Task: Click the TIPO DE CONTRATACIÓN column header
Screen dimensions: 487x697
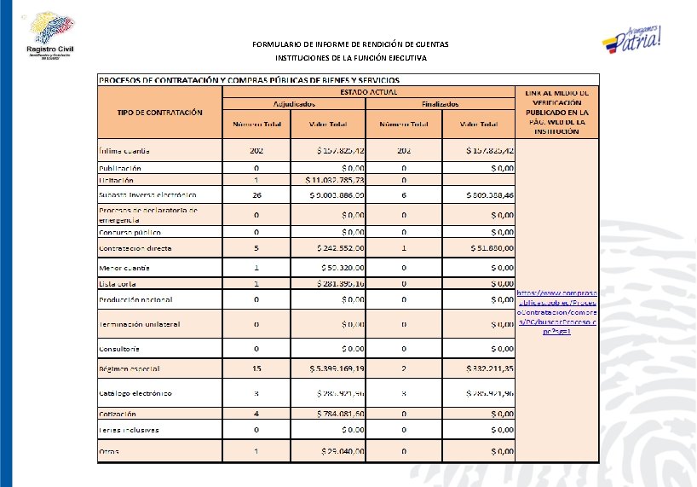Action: tap(159, 112)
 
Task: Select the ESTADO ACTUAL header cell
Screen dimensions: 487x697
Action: tap(368, 91)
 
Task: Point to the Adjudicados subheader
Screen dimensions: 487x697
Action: tap(293, 103)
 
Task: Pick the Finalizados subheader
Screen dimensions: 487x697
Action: tap(440, 103)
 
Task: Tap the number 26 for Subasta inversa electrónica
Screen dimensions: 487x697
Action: tap(256, 194)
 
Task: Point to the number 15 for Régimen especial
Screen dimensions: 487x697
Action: tap(256, 368)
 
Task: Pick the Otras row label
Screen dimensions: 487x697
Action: tap(108, 451)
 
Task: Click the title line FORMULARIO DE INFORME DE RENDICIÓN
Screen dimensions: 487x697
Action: tap(350, 43)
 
